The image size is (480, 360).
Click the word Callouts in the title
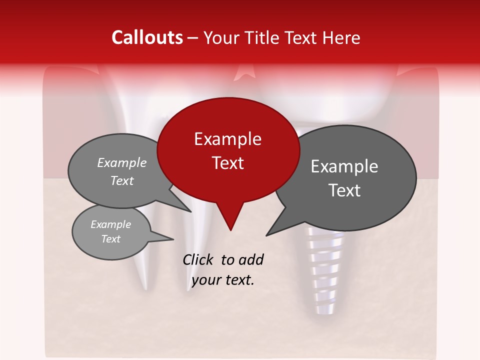(147, 37)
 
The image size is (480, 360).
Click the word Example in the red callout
(227, 139)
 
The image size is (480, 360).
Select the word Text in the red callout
(227, 163)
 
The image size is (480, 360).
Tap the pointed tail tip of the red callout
(230, 229)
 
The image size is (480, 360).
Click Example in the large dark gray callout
(344, 166)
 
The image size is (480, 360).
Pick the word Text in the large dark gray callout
(344, 190)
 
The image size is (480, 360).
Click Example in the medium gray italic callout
(121, 162)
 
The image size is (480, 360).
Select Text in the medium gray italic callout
(121, 180)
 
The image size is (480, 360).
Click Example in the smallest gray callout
(110, 224)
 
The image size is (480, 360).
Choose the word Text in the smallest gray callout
(110, 239)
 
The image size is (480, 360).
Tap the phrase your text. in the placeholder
(223, 280)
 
